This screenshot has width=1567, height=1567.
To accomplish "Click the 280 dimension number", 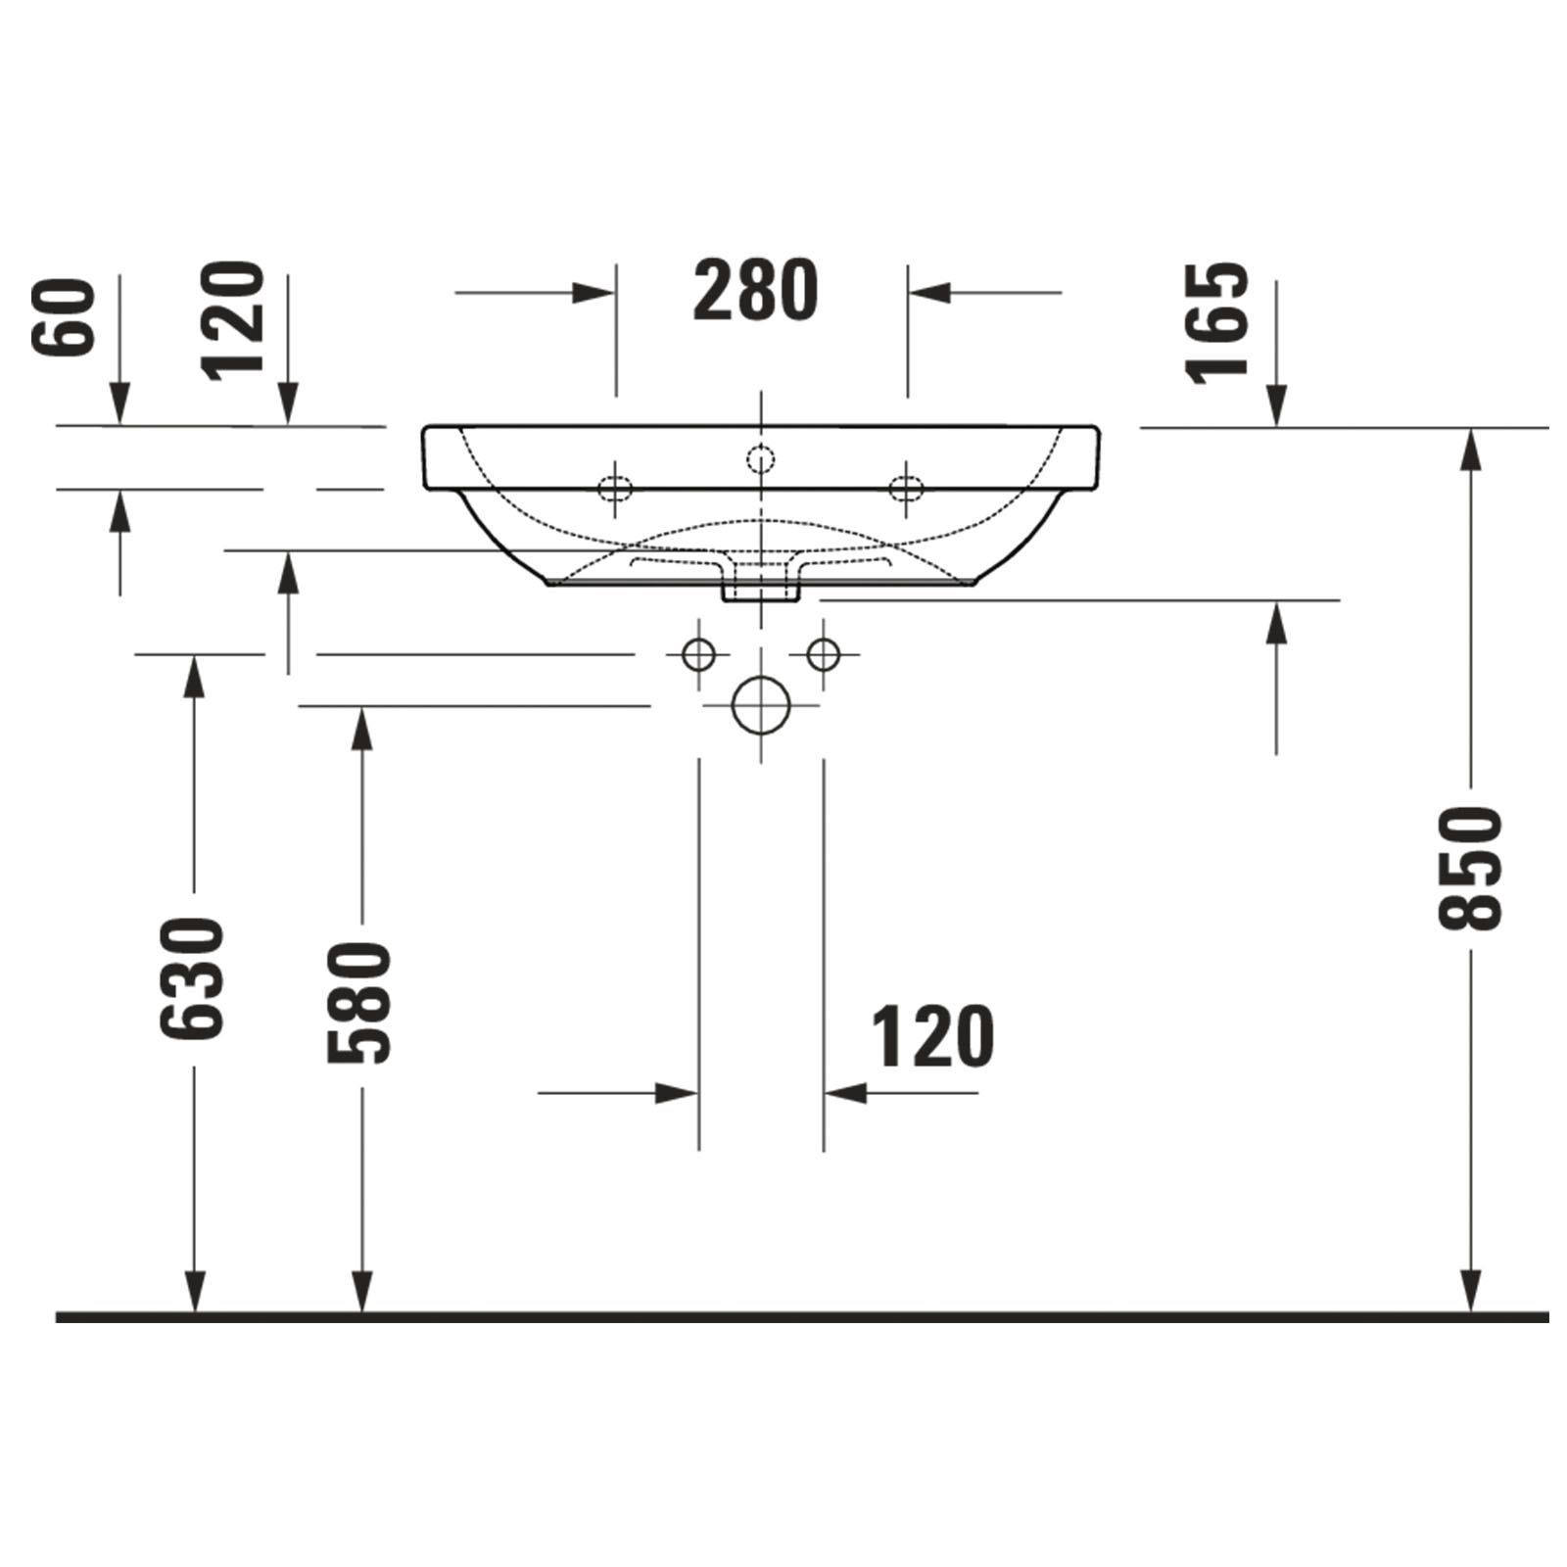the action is [755, 291].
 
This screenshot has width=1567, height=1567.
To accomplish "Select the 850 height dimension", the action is [1470, 868].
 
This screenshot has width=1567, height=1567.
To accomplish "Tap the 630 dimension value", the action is [192, 978].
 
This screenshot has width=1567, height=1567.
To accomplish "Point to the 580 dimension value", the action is [359, 1003].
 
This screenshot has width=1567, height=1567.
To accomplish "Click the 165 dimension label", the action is [1217, 320].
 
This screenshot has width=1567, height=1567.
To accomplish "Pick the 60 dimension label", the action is [64, 316].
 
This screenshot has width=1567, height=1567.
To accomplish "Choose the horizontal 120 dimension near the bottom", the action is [932, 1037].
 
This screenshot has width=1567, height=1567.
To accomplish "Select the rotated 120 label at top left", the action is [233, 319].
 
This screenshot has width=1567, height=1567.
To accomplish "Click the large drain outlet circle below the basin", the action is [761, 705].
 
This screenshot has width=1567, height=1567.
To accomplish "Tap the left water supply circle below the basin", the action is [699, 653].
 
